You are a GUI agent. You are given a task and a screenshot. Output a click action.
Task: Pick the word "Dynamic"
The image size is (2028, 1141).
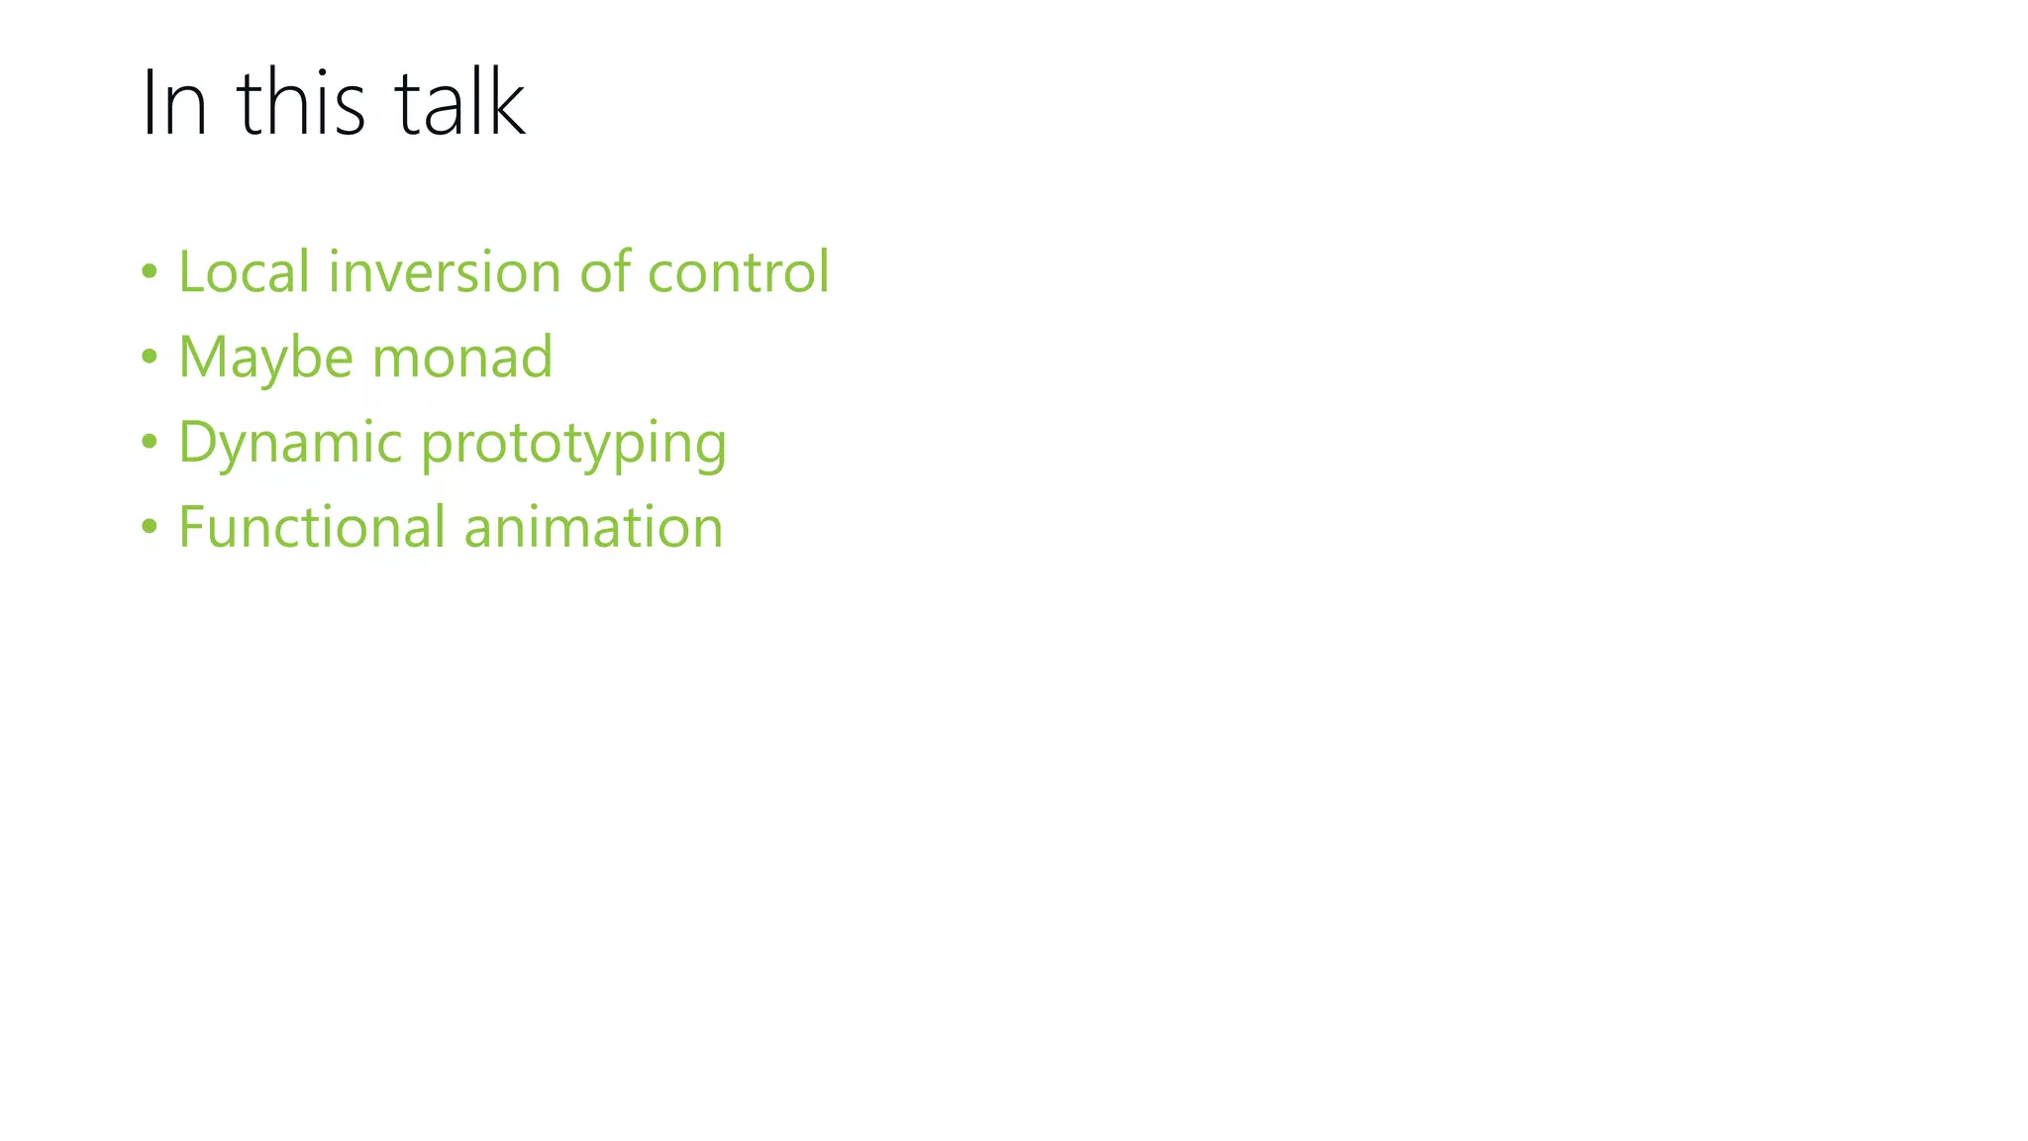tap(290, 444)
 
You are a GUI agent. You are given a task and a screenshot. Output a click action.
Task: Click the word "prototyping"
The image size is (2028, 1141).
tap(573, 444)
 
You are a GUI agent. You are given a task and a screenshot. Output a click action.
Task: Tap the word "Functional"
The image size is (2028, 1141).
tap(311, 527)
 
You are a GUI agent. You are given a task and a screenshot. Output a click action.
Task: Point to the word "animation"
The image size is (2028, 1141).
tap(593, 527)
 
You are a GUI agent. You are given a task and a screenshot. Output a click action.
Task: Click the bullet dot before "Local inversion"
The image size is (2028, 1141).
tap(150, 271)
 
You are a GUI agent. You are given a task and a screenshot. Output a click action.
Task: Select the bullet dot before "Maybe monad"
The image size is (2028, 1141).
tap(150, 357)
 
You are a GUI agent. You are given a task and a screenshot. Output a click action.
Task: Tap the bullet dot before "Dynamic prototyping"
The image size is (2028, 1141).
tap(150, 442)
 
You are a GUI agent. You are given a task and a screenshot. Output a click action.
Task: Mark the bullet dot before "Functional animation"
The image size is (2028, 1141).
tap(150, 527)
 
